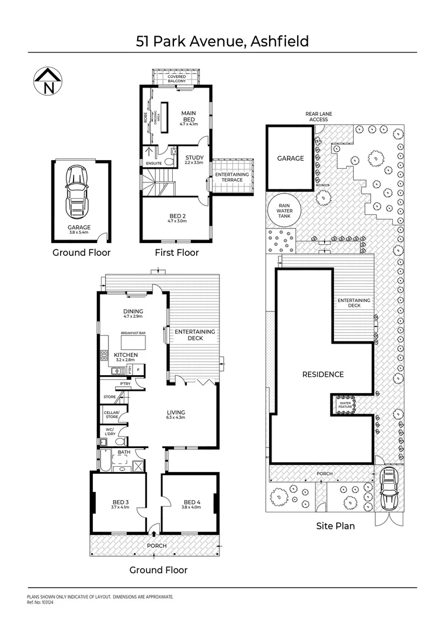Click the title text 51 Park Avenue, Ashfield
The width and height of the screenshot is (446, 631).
(x=222, y=41)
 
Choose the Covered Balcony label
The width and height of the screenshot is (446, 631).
(x=177, y=79)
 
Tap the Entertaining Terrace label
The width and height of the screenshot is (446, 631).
(x=232, y=177)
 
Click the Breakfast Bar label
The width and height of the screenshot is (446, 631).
(x=133, y=333)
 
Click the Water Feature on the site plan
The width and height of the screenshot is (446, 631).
(x=345, y=404)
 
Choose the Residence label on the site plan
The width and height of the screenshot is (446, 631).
(x=323, y=375)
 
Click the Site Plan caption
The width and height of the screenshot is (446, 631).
(x=335, y=526)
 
